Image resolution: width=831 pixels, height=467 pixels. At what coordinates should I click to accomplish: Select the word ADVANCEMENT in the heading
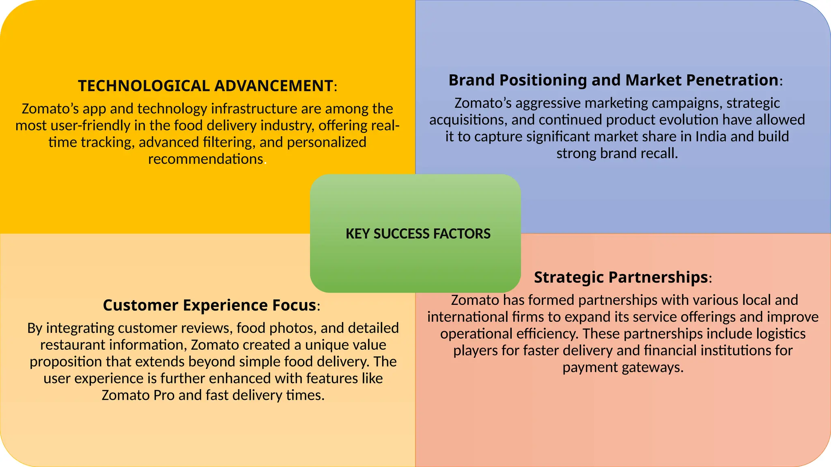pos(273,86)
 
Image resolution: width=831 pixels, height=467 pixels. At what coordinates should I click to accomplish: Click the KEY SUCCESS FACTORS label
pos(418,234)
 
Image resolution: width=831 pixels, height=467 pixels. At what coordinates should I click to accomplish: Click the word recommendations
pos(206,159)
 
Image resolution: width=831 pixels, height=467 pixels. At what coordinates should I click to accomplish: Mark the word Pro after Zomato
pos(164,395)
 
